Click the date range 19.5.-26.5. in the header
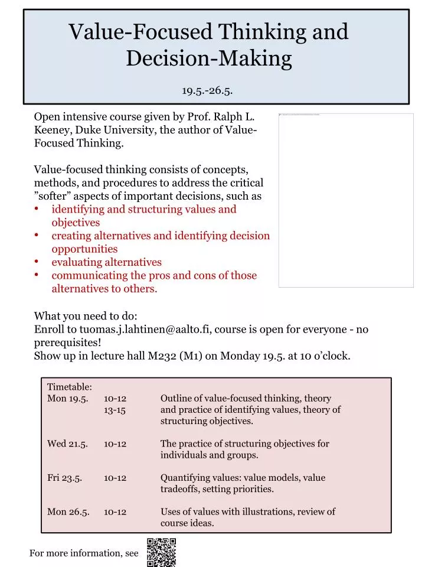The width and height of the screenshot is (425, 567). point(207,90)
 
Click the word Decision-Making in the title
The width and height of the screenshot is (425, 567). point(209,58)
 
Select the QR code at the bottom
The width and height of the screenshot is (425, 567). point(161,552)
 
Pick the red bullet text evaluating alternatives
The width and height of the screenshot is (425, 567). point(106,262)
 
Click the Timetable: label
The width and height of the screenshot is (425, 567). point(70,387)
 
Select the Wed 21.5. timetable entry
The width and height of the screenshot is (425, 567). point(67,444)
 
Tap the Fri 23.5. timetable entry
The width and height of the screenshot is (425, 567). point(65,478)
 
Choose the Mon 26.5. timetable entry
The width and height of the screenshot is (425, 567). point(68,512)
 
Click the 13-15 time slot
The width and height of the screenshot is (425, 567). point(115,410)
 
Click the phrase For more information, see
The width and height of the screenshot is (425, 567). point(84,553)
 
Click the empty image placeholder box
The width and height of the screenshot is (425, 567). point(346,201)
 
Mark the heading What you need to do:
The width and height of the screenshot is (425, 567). point(86,316)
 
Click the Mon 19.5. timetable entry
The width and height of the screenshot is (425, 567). point(68,399)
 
